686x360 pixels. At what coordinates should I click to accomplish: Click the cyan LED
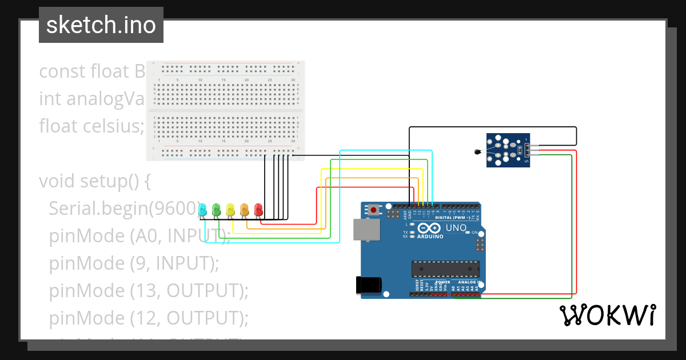click(203, 210)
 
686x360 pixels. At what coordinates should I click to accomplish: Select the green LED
click(217, 210)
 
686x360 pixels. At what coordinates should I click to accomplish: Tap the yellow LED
click(230, 210)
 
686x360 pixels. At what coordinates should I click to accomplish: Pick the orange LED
click(244, 210)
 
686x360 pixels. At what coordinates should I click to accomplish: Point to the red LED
click(258, 210)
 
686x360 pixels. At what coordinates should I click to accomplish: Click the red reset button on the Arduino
click(374, 210)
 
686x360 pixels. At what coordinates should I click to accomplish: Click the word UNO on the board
click(456, 228)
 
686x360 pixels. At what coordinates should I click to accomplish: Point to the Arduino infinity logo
click(433, 228)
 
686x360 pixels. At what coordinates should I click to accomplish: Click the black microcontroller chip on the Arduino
click(446, 268)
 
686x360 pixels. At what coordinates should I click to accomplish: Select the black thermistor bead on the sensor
click(477, 151)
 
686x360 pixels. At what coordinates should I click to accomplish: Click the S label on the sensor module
click(527, 162)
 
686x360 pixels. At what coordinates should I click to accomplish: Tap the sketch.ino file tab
click(101, 25)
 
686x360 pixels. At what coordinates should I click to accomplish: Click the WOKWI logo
click(607, 315)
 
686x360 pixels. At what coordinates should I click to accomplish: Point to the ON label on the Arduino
click(474, 233)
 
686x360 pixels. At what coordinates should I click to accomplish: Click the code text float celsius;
click(91, 126)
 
